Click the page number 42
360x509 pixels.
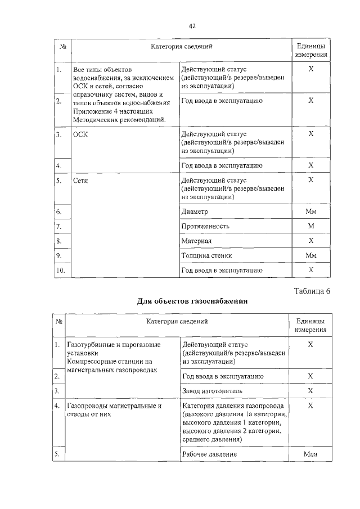pyautogui.click(x=192, y=26)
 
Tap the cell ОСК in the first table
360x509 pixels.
pyautogui.click(x=80, y=135)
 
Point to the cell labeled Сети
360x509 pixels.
pyautogui.click(x=81, y=181)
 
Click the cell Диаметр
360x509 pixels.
pyautogui.click(x=195, y=211)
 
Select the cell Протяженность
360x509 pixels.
pyautogui.click(x=205, y=226)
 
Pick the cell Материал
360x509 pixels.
pyautogui.click(x=196, y=241)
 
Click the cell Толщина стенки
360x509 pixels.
pyautogui.click(x=207, y=255)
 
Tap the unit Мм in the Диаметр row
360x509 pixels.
pyautogui.click(x=310, y=211)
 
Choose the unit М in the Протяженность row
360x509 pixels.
pyautogui.click(x=310, y=226)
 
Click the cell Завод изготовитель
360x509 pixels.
pyautogui.click(x=211, y=390)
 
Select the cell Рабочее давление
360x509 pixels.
pyautogui.click(x=209, y=454)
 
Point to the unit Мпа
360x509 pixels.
pyautogui.click(x=310, y=454)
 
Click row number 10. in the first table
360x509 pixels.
pyautogui.click(x=61, y=270)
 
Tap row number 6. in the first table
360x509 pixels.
pyautogui.click(x=59, y=211)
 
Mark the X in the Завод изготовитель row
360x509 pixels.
pyautogui.click(x=310, y=390)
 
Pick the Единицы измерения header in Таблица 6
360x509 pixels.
pyautogui.click(x=310, y=326)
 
